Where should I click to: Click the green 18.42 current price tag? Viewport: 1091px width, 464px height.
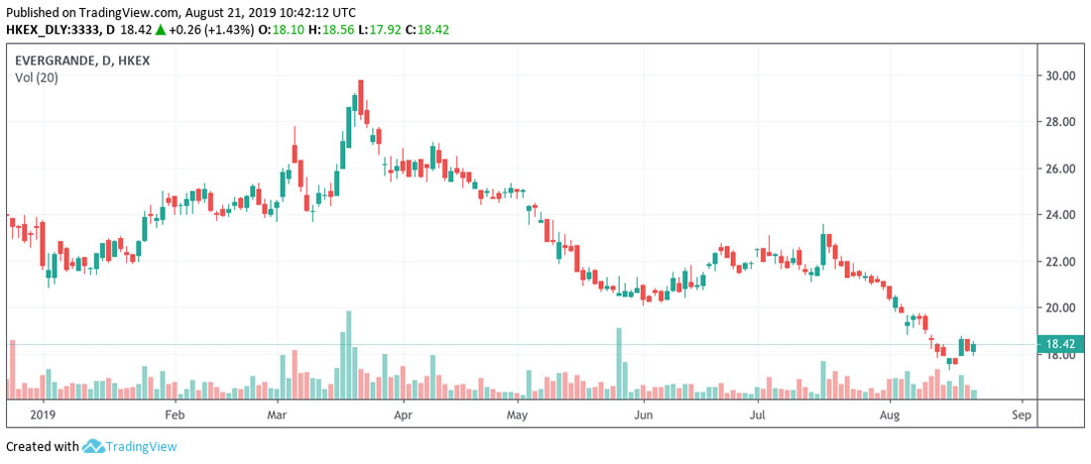tap(1062, 345)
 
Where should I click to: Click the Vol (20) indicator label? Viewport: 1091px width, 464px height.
tap(36, 78)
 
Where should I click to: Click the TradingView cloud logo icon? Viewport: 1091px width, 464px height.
tap(94, 446)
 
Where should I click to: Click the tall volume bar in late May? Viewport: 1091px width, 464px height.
tap(619, 363)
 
